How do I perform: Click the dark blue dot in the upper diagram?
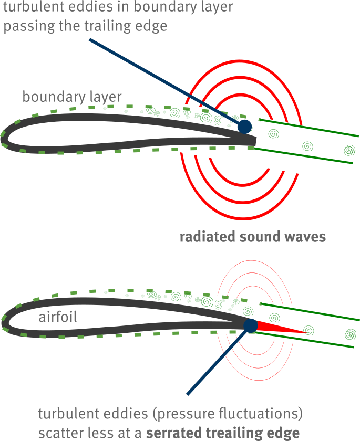tap(244, 127)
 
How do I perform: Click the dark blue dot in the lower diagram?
tap(250, 325)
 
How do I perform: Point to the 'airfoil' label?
tap(58, 318)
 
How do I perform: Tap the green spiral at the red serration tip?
tap(310, 330)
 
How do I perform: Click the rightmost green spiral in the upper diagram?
tap(349, 151)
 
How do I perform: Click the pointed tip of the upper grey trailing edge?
tap(255, 140)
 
